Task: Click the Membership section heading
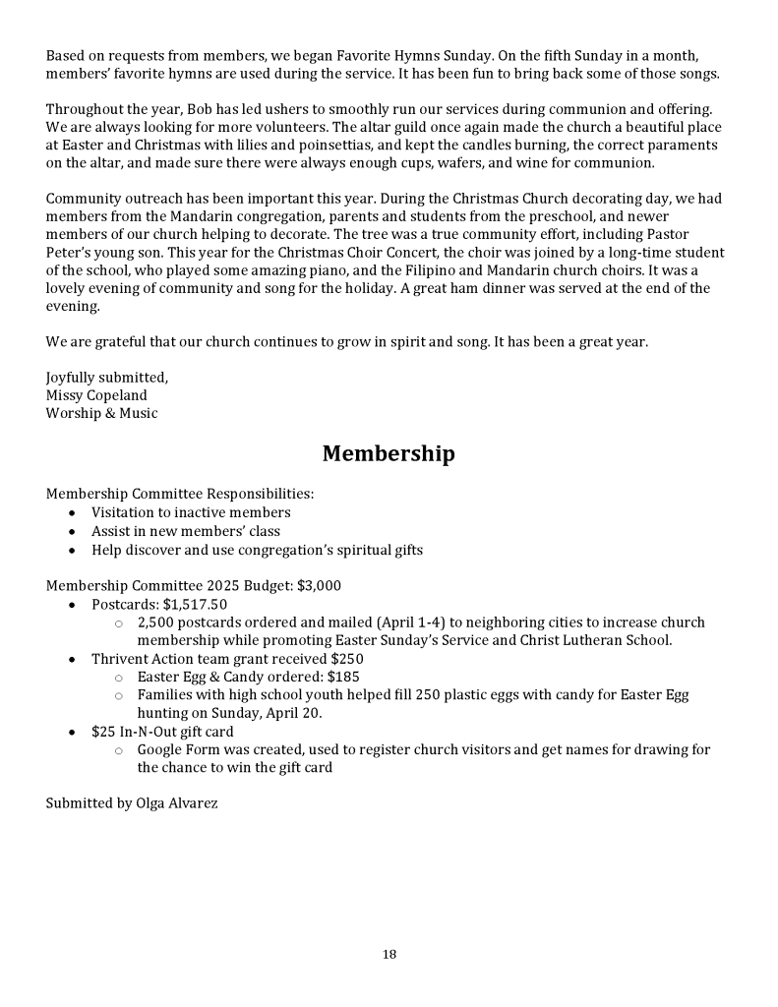click(389, 453)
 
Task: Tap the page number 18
click(389, 954)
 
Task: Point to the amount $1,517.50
click(195, 604)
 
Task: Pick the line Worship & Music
click(101, 413)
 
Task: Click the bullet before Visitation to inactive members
click(72, 512)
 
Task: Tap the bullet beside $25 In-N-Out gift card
click(72, 732)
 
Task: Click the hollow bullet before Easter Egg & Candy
click(118, 677)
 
